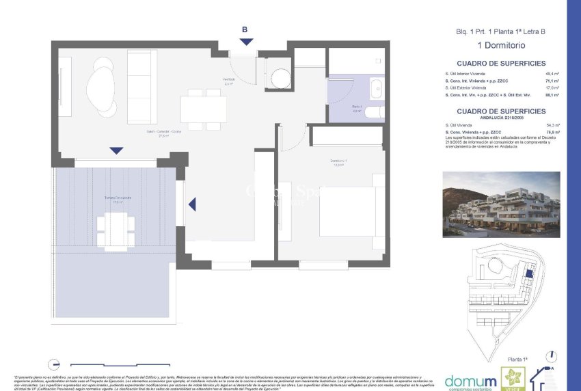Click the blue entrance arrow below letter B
pyautogui.click(x=246, y=42)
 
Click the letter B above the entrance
pyautogui.click(x=245, y=29)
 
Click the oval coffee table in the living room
pyautogui.click(x=101, y=87)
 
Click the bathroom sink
pyautogui.click(x=377, y=88)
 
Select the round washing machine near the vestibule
pyautogui.click(x=280, y=79)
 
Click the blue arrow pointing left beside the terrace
pyautogui.click(x=192, y=204)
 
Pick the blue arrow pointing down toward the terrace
pyautogui.click(x=117, y=150)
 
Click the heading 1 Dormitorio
pyautogui.click(x=500, y=45)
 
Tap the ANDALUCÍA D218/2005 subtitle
pyautogui.click(x=501, y=118)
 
